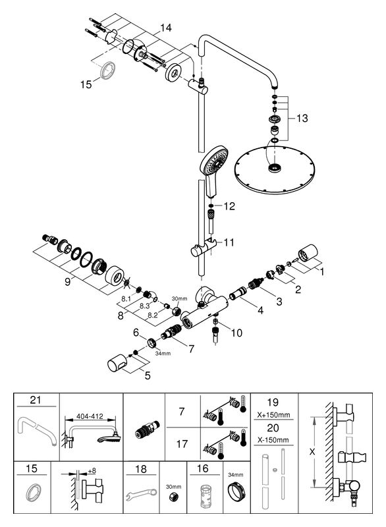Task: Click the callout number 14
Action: pyautogui.click(x=165, y=28)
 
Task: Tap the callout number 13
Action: pyautogui.click(x=302, y=119)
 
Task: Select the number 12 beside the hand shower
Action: pyautogui.click(x=229, y=206)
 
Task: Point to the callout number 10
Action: pyautogui.click(x=236, y=333)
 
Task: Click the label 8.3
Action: pyautogui.click(x=144, y=306)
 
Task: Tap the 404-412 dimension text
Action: pyautogui.click(x=90, y=416)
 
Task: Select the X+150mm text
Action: pyautogui.click(x=273, y=415)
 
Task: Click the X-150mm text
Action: pyautogui.click(x=273, y=440)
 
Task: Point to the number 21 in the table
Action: pyautogui.click(x=36, y=400)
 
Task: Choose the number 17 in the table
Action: pyautogui.click(x=182, y=444)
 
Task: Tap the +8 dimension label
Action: pyautogui.click(x=92, y=471)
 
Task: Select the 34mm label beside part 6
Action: pyautogui.click(x=163, y=353)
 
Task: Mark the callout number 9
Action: pyautogui.click(x=68, y=282)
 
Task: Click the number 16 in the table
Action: pyautogui.click(x=203, y=468)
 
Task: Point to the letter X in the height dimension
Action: pyautogui.click(x=312, y=452)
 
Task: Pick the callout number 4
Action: pyautogui.click(x=260, y=310)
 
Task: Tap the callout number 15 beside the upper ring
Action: pyautogui.click(x=86, y=84)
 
